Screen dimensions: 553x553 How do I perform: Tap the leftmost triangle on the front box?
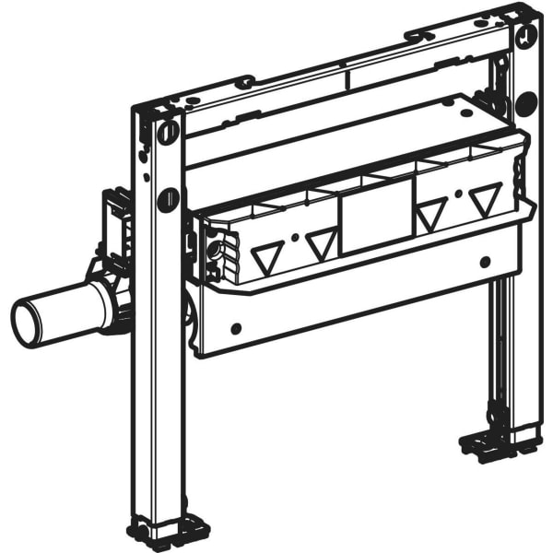tap(267, 259)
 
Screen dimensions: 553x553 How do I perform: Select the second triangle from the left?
tap(321, 244)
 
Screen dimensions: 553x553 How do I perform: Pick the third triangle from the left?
tap(429, 218)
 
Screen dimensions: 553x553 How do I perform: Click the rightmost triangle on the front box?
tap(485, 200)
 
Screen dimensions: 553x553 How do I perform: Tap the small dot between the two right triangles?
tap(457, 195)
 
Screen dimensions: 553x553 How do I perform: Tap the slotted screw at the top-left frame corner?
tap(168, 132)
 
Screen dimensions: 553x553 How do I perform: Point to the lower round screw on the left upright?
tap(169, 196)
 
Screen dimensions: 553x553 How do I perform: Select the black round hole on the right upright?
tap(526, 103)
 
